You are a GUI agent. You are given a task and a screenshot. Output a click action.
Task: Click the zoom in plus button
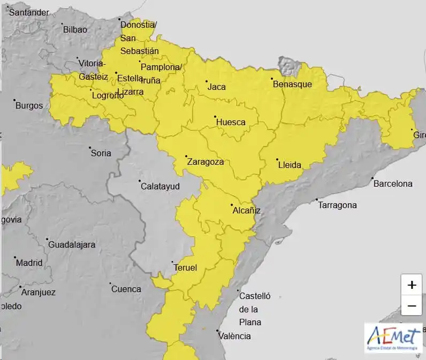(412, 285)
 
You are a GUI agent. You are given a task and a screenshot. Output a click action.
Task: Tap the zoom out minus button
(412, 305)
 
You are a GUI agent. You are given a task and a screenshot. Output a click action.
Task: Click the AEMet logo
(393, 338)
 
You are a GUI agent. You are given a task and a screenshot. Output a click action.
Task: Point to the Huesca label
(231, 122)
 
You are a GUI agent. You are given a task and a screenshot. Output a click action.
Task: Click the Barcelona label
(393, 183)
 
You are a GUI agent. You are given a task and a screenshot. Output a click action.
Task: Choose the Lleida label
(290, 165)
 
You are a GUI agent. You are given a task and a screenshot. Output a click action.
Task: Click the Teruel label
(185, 267)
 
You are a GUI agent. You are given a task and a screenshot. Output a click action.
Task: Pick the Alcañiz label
(246, 210)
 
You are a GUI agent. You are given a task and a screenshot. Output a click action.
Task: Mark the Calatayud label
(160, 186)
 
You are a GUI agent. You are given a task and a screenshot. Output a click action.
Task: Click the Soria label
(101, 153)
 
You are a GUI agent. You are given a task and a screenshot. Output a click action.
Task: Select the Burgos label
(29, 105)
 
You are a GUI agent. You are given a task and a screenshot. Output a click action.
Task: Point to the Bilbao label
(75, 29)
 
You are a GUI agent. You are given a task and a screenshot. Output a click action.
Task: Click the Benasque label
(292, 84)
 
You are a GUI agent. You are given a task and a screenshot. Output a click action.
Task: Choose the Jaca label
(217, 87)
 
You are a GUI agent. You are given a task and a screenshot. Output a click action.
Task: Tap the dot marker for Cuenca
(110, 284)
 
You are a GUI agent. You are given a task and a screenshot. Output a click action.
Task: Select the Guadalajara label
(72, 244)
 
